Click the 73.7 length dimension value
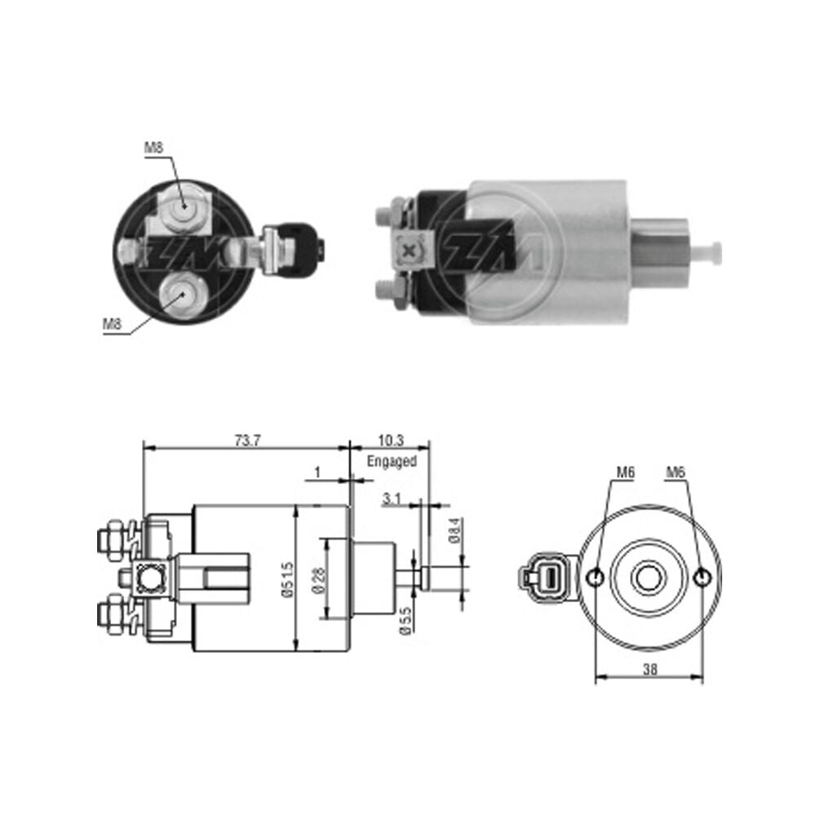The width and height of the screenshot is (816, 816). click(247, 441)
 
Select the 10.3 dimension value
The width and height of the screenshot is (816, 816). click(391, 441)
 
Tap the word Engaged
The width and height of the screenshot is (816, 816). click(392, 462)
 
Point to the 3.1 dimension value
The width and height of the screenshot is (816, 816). click(392, 499)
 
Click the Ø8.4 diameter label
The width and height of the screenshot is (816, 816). click(455, 531)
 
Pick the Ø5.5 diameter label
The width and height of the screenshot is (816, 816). click(406, 621)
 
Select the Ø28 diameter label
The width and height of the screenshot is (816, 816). click(319, 580)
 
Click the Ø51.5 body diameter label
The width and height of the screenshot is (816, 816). click(288, 579)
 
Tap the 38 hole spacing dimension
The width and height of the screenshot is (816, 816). click(650, 669)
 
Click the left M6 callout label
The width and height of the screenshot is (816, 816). click(626, 472)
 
